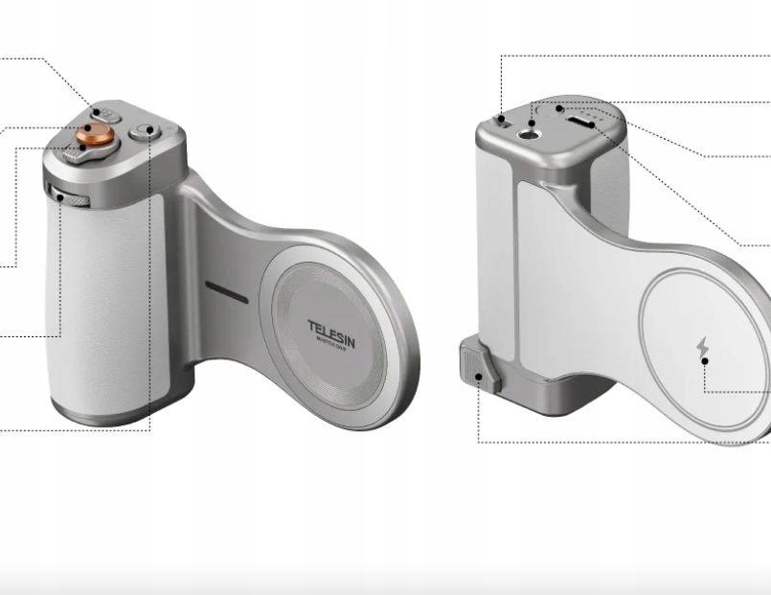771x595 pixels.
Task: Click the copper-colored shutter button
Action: coord(93,132)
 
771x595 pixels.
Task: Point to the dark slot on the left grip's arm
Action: coord(226,293)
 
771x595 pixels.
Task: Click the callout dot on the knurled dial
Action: coord(59,197)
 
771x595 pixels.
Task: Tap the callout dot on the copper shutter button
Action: coord(86,128)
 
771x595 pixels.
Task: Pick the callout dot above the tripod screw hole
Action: coord(532,122)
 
